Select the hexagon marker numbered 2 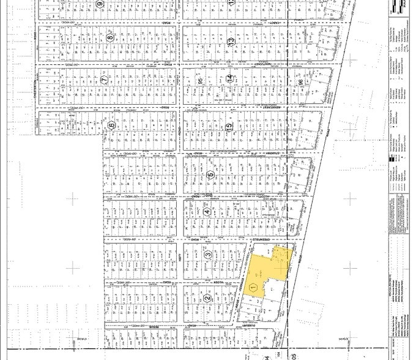click(x=207, y=299)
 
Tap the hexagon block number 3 click(x=208, y=255)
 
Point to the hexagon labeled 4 click(x=207, y=212)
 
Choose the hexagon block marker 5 click(x=211, y=174)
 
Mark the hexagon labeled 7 click(x=105, y=80)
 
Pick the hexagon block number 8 click(x=110, y=37)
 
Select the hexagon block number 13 click(x=231, y=41)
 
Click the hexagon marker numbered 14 click(x=229, y=79)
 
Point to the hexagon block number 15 click(x=229, y=127)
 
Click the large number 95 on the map click(x=201, y=80)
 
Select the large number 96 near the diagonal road click(x=300, y=82)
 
